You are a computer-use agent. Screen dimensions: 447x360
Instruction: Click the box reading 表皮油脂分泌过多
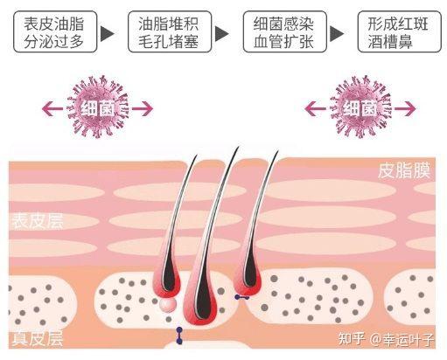coord(55,31)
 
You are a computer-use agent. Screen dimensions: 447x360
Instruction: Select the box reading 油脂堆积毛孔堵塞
coord(170,31)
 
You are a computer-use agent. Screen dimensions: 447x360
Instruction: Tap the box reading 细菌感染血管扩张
coord(284,31)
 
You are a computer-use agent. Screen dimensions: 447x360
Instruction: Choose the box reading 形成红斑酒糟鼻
coord(400,31)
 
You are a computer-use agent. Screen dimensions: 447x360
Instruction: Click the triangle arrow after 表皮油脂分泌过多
coord(107,33)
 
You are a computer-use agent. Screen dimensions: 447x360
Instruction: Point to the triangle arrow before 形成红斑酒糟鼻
coord(337,33)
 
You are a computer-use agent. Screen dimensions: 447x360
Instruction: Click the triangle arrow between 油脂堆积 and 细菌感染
coord(221,33)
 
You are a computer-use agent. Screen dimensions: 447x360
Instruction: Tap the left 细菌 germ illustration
coord(97,107)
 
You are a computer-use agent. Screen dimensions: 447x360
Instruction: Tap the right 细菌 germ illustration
coord(360,107)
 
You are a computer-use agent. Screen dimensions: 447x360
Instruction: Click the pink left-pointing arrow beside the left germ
coord(52,109)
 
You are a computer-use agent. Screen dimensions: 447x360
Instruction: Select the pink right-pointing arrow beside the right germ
coord(405,109)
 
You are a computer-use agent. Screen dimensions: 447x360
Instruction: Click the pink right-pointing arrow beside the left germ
coord(143,109)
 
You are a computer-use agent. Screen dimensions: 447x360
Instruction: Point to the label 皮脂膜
coord(404,171)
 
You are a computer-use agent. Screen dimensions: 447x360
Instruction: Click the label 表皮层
coord(38,221)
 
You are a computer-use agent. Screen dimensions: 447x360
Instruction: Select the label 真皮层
coord(38,338)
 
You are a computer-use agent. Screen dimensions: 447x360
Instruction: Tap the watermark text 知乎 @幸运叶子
coord(387,339)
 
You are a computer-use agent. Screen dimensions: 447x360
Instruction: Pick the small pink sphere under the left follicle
coord(168,304)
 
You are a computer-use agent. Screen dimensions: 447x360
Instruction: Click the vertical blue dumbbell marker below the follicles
coord(179,336)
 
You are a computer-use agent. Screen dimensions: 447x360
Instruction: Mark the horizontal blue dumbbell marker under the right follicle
coord(242,297)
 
